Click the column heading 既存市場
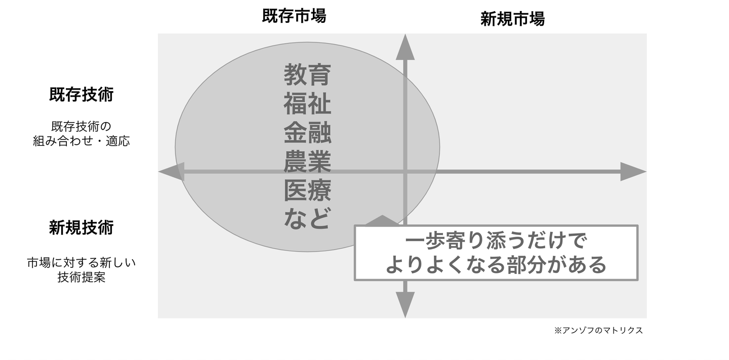(294, 17)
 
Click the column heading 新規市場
(512, 20)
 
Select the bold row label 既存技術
(81, 95)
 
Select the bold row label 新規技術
(81, 228)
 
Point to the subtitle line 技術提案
(81, 277)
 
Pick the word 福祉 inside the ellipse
(307, 105)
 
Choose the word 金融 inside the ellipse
(307, 134)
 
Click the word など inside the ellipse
(307, 219)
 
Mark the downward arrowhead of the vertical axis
(405, 304)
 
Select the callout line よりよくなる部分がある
(496, 264)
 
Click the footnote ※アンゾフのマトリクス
(598, 331)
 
